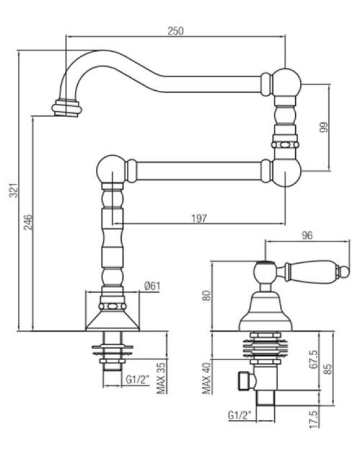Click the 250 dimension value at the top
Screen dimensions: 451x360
(x=176, y=31)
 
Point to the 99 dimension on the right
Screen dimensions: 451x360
(x=324, y=127)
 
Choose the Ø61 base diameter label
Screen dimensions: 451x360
(x=152, y=286)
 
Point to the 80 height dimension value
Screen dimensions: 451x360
(x=206, y=295)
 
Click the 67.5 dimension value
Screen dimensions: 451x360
(x=313, y=360)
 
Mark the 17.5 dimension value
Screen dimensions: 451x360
(x=313, y=421)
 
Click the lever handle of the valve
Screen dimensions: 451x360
(x=312, y=273)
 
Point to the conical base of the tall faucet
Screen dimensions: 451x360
(x=112, y=321)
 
